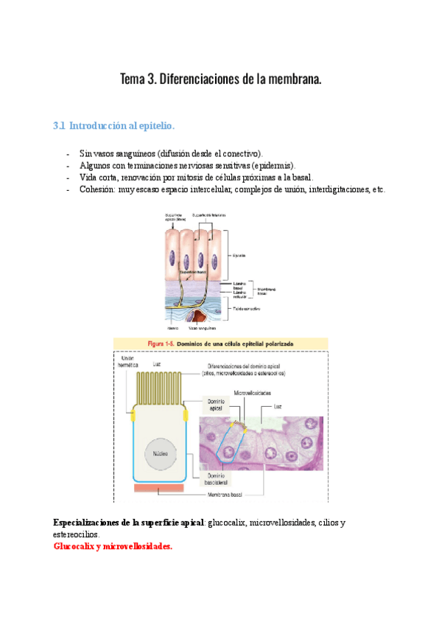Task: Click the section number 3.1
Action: pyautogui.click(x=60, y=127)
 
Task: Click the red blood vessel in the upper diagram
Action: pyautogui.click(x=198, y=318)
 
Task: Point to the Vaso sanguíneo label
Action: pyautogui.click(x=203, y=329)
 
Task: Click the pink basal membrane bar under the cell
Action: pyautogui.click(x=158, y=488)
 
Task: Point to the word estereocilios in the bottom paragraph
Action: pyautogui.click(x=75, y=534)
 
